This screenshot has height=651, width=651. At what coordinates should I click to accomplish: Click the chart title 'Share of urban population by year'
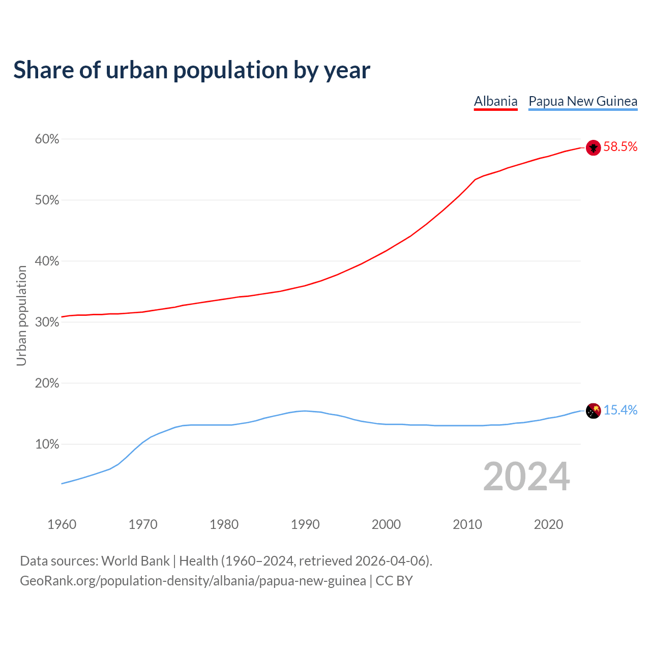coord(192,70)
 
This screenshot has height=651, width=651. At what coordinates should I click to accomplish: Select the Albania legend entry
coord(495,101)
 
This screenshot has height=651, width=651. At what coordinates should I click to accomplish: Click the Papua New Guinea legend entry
coord(583,101)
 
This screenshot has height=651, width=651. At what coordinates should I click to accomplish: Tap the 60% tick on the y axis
coord(47,139)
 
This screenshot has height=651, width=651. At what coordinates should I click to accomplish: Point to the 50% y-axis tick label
coord(47,200)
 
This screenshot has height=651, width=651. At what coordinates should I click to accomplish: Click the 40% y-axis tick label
coord(47,261)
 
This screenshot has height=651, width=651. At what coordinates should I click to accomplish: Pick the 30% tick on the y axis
coord(47,322)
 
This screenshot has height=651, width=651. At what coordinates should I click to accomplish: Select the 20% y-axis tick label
coord(47,383)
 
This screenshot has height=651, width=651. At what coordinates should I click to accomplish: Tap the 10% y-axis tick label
coord(47,445)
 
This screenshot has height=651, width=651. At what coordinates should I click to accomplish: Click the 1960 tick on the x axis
coord(62,524)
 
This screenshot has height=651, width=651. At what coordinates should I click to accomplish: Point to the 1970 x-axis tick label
coord(143,524)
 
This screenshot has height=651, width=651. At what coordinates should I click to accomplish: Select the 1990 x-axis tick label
coord(305,524)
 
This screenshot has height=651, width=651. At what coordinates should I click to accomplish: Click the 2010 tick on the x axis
coord(467,524)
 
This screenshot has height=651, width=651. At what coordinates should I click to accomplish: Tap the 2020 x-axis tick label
coord(548,524)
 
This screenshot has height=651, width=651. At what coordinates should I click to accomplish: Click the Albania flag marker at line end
coord(594,147)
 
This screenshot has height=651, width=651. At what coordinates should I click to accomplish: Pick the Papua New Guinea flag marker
coord(594,410)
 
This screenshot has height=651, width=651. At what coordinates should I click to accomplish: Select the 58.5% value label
coord(620,147)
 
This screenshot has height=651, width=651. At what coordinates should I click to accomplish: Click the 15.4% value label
coord(620,410)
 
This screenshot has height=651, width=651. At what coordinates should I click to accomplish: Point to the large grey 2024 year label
coord(526,477)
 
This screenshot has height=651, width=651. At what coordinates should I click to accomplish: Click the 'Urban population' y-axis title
coord(21,315)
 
